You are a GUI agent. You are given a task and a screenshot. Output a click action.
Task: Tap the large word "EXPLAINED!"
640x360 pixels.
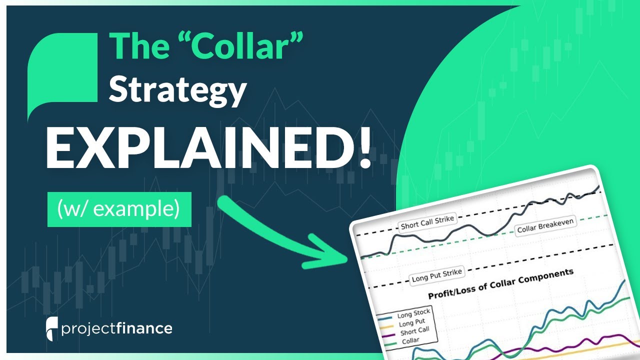pos(208,149)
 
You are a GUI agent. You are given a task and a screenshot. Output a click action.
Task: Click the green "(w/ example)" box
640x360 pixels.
pos(119,209)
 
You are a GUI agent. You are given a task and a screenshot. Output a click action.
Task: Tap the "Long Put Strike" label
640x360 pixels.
pos(436,275)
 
